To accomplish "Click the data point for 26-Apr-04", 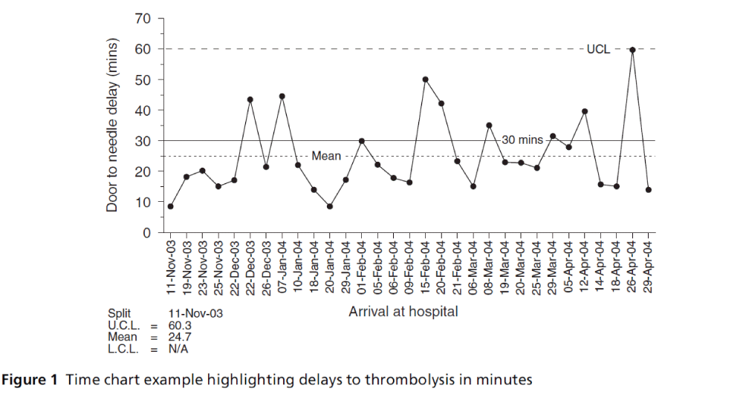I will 632,50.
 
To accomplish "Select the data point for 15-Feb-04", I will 425,79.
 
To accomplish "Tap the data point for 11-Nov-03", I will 171,206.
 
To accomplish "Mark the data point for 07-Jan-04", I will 282,96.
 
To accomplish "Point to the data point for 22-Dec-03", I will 250,99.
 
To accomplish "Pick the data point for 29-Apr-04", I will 648,190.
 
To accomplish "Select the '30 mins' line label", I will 522,140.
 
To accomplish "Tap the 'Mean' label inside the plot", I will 326,157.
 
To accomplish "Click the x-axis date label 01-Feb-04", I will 362,266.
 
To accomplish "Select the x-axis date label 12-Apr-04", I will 585,266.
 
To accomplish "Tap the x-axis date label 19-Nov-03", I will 187,266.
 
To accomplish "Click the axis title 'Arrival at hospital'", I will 403,312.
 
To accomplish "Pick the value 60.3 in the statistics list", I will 179,324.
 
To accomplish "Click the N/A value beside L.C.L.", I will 178,347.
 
